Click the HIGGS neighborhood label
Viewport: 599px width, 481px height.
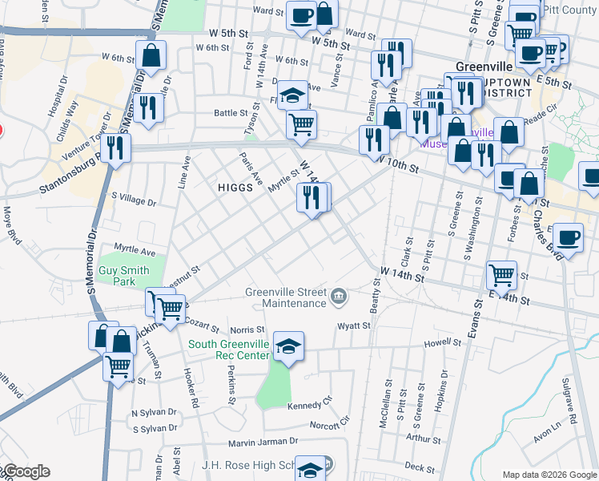[235, 187]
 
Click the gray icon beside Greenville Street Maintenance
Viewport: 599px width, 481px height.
[339, 298]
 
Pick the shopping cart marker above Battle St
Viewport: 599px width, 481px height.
[301, 123]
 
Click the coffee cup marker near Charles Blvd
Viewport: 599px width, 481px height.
[569, 238]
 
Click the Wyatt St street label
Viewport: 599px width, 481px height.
[353, 326]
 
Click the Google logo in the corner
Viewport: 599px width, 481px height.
[26, 471]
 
